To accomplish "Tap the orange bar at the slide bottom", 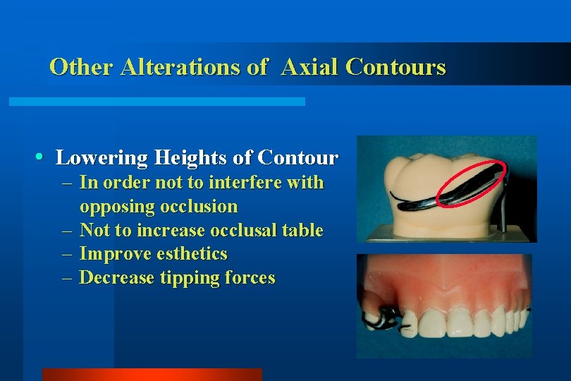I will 152,374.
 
